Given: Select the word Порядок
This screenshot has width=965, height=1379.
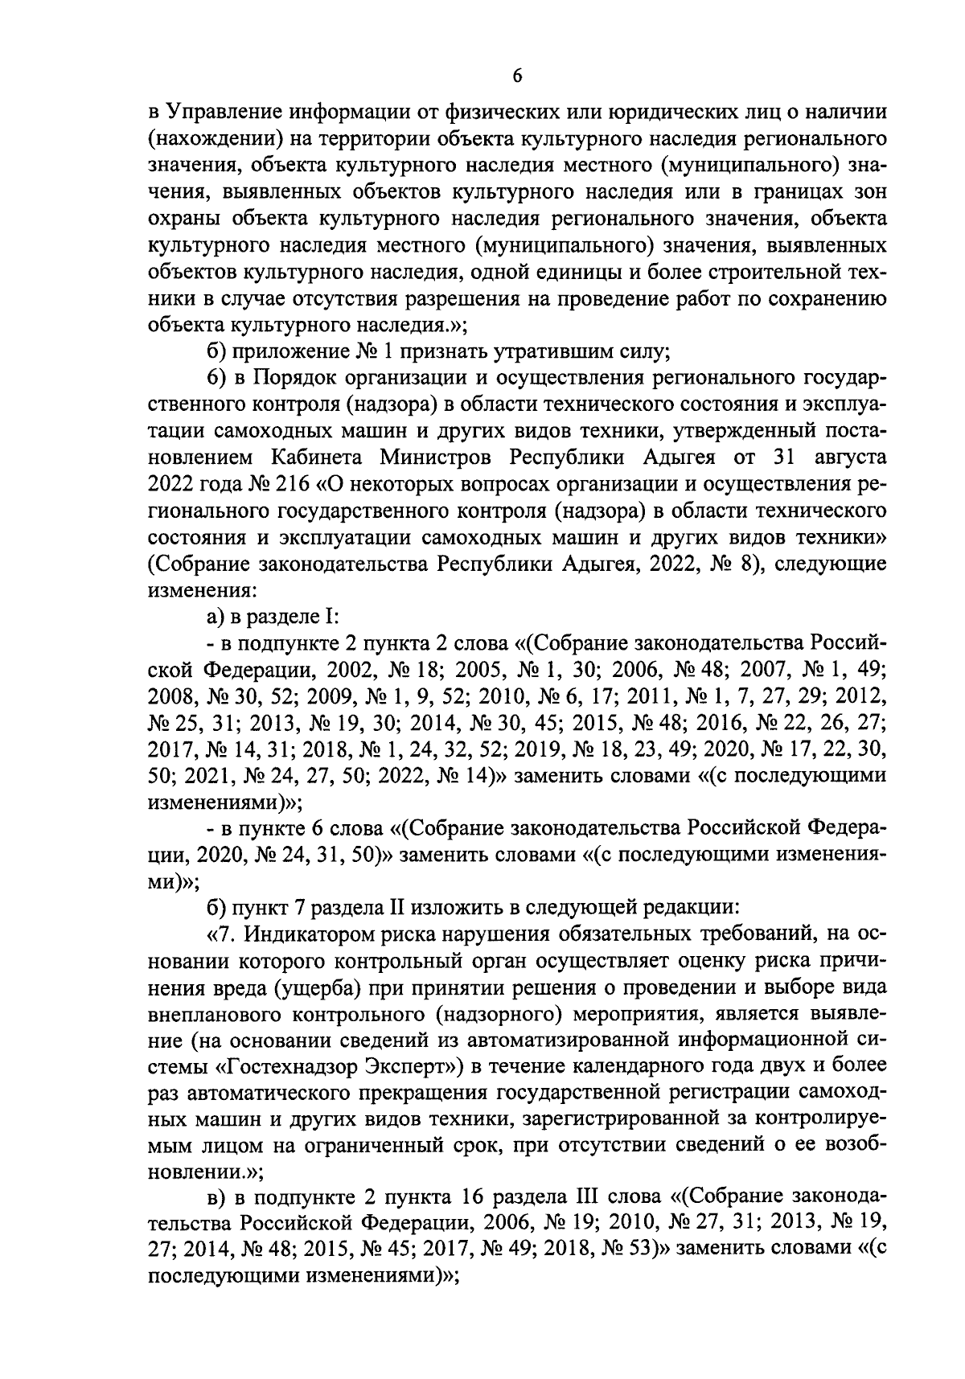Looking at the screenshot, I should (297, 377).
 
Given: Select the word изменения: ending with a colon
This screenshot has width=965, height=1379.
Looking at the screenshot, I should (203, 589).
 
